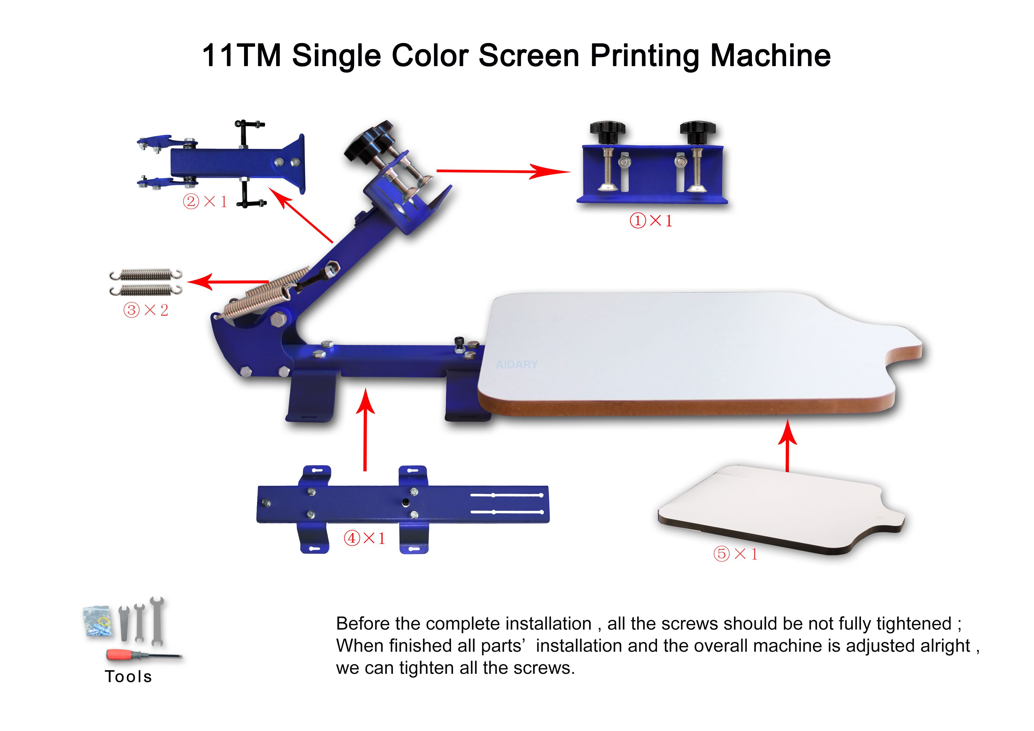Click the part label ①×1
[651, 221]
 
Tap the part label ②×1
[205, 201]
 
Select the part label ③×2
[146, 310]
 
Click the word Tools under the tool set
[128, 676]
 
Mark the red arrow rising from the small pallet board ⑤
[787, 446]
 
